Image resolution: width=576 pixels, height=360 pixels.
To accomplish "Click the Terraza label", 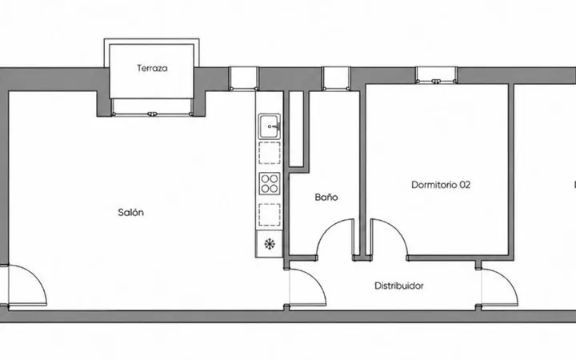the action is click(x=152, y=68).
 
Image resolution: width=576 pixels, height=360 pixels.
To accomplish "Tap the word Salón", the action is click(x=130, y=212).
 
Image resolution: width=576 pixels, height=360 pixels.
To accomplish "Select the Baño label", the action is click(x=326, y=198).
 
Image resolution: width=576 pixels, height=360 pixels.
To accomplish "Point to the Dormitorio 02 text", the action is click(x=441, y=185).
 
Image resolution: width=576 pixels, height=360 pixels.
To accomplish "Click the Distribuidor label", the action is click(x=399, y=286).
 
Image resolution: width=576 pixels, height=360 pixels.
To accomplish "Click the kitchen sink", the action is click(x=270, y=126).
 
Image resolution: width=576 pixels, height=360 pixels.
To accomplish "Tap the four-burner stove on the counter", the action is click(x=270, y=184).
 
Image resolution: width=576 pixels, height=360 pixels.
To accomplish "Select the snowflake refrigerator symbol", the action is click(x=270, y=243).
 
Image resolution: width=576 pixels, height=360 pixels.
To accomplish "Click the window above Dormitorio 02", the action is click(x=436, y=75).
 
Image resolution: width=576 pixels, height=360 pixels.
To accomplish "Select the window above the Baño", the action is click(x=336, y=78).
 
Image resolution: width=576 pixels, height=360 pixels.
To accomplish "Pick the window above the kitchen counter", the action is click(x=243, y=78).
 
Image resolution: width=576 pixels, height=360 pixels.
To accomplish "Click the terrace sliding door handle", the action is click(x=152, y=114).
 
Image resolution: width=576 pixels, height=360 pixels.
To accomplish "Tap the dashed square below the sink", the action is click(x=270, y=153).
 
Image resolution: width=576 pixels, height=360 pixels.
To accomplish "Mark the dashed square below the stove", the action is click(x=270, y=214).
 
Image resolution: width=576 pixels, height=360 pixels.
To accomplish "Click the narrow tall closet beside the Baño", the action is click(x=296, y=129).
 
